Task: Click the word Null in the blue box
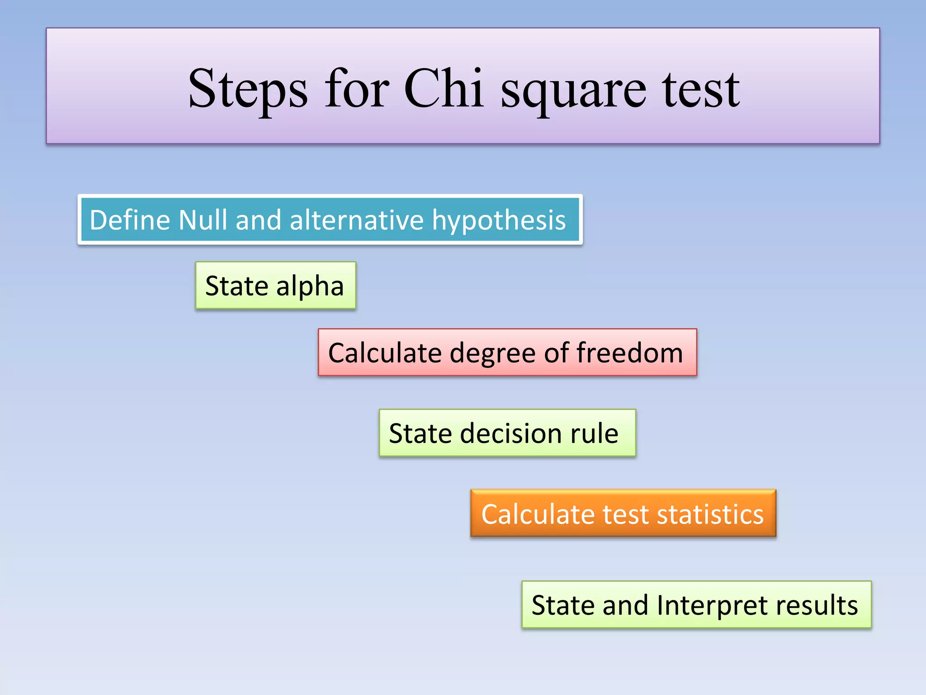pos(203,220)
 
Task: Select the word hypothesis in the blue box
pos(499,221)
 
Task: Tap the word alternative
pos(356,220)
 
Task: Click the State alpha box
pos(275,286)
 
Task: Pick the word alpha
pos(310,287)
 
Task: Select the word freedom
pos(629,352)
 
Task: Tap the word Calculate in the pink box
pos(385,352)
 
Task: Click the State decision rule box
pos(507,433)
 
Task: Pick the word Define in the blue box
pos(130,220)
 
